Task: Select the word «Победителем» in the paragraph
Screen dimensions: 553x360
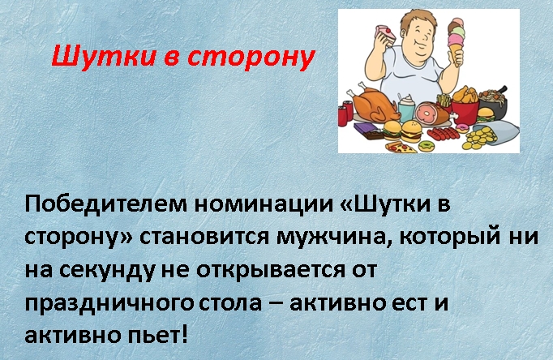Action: tap(105, 205)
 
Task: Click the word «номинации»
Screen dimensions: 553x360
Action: tap(264, 205)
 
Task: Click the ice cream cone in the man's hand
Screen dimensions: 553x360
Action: tap(457, 41)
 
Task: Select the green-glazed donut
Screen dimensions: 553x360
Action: tap(426, 145)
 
